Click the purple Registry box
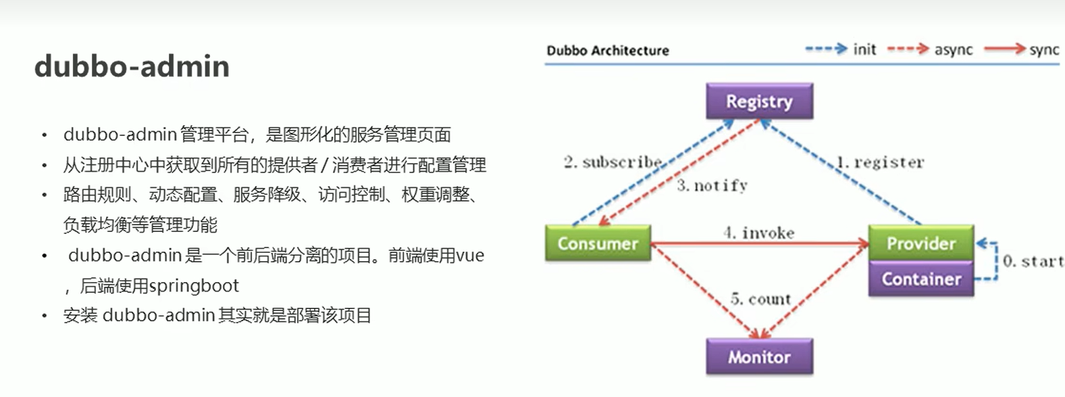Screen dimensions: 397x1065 [759, 101]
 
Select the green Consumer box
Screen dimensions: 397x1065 [598, 243]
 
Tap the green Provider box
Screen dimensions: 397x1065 [921, 243]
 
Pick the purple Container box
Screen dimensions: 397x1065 [921, 279]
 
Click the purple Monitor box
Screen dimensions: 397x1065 [759, 357]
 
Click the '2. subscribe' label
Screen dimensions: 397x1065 [613, 162]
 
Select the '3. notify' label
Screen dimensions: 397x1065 [712, 185]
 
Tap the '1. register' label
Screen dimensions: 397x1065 [880, 162]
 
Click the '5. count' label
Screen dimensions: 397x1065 [760, 299]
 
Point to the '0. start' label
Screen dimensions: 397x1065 [1033, 261]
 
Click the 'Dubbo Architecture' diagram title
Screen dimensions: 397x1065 [608, 51]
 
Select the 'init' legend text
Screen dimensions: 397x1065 [864, 49]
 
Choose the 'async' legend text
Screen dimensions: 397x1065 [954, 49]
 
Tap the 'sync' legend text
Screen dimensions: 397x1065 [1044, 49]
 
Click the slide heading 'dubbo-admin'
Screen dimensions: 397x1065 [132, 66]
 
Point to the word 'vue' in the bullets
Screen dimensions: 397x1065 [470, 256]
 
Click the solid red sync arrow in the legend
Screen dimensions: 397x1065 [1004, 49]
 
